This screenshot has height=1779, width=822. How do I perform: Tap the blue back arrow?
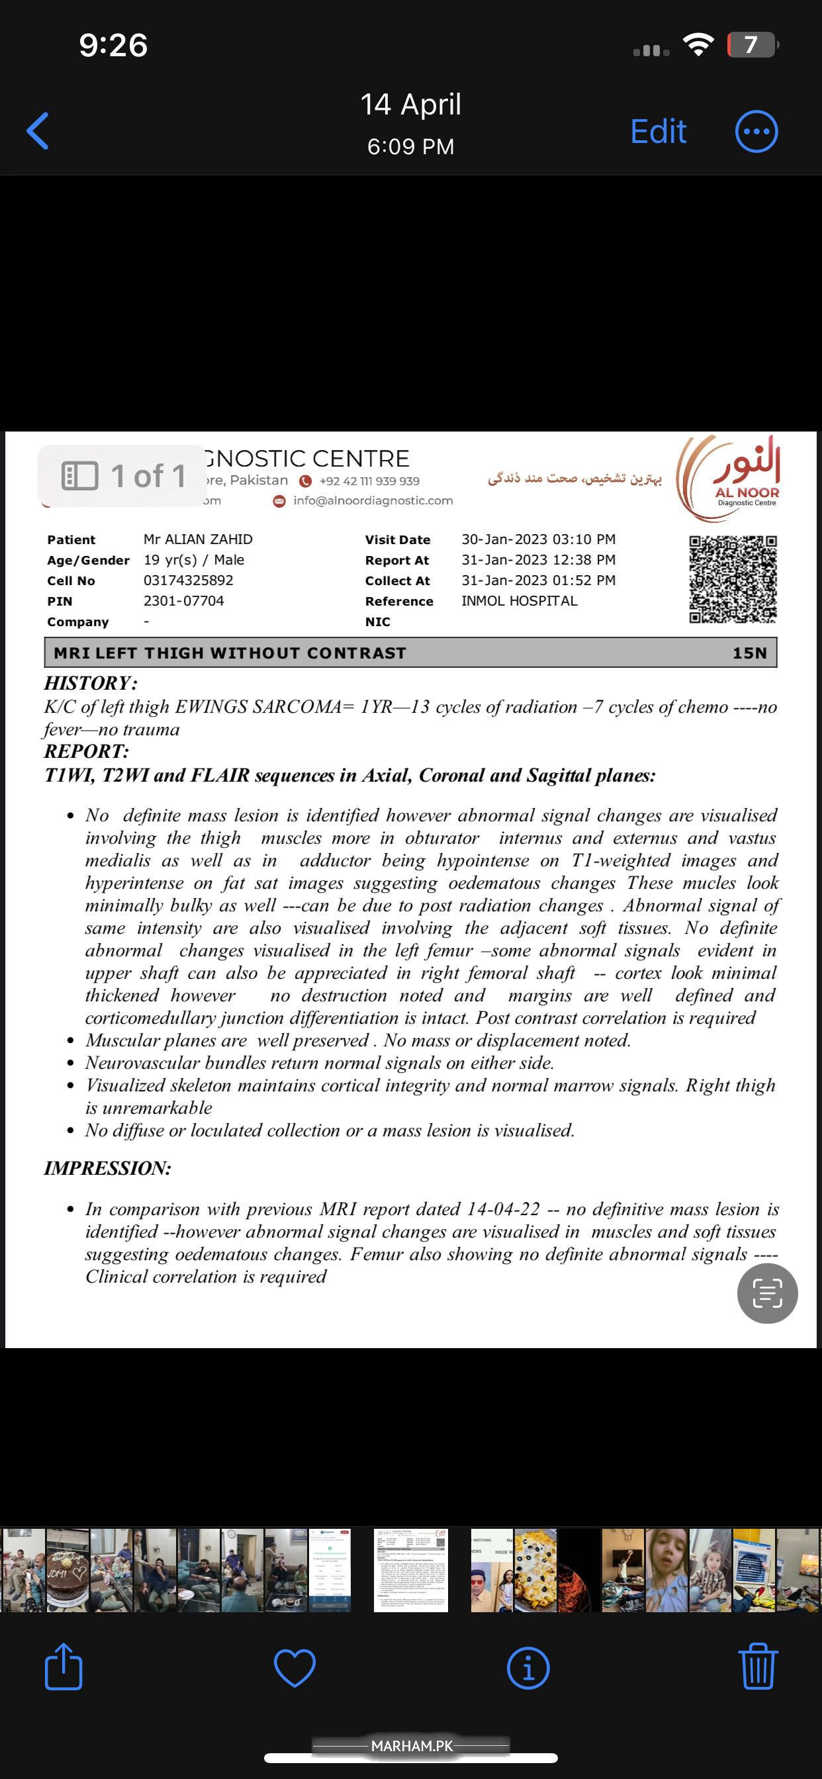[x=38, y=130]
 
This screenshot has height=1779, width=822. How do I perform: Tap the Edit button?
[x=659, y=131]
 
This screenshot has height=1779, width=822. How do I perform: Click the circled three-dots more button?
[x=756, y=131]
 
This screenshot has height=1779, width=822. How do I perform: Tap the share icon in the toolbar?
[x=64, y=1666]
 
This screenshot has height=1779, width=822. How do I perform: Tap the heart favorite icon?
[x=295, y=1667]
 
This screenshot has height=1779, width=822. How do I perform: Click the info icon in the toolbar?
[x=528, y=1667]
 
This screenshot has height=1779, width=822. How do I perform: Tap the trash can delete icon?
[x=758, y=1666]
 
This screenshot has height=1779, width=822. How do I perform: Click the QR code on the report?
[x=733, y=579]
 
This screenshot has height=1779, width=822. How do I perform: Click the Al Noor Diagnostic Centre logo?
[x=729, y=476]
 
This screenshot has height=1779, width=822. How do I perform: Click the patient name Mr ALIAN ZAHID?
[x=199, y=539]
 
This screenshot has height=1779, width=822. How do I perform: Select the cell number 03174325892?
[x=189, y=581]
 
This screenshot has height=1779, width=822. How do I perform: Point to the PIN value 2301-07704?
[x=184, y=602]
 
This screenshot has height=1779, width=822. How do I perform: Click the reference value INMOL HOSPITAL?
[x=520, y=602]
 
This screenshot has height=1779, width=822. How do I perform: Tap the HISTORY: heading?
[x=91, y=683]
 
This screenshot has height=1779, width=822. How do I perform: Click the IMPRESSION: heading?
[x=108, y=1168]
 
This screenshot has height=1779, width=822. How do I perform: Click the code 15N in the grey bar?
[x=749, y=653]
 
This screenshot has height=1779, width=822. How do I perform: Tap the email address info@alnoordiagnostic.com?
[x=373, y=501]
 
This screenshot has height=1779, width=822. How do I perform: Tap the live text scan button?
[x=768, y=1293]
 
